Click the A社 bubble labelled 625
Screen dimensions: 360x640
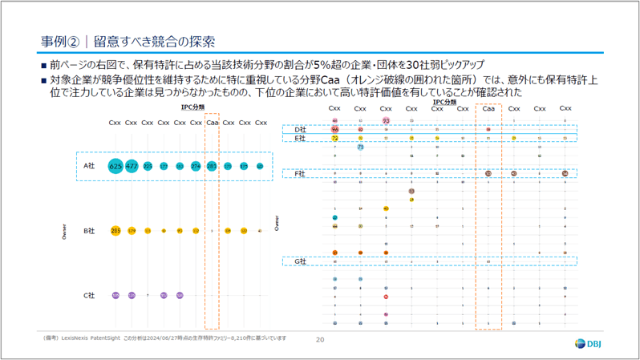(115, 166)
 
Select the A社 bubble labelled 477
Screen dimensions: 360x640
(132, 166)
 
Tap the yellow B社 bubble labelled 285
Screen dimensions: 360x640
(115, 231)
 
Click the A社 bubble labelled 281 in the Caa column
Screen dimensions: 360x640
(212, 166)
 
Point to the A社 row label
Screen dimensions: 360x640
(90, 166)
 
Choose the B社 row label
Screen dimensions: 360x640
(90, 231)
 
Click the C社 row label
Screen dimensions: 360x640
(90, 296)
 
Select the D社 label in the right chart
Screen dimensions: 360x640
(301, 129)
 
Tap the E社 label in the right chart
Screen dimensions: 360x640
(301, 139)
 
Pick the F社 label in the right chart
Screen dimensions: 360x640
(301, 173)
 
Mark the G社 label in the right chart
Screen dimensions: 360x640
(301, 261)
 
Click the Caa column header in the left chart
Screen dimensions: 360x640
(212, 123)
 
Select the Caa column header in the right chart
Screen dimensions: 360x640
(488, 108)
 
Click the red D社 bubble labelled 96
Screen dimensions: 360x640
(334, 129)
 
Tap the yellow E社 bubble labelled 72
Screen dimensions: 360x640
(334, 139)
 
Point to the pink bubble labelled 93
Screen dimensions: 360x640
(386, 120)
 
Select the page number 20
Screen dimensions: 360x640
(320, 340)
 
